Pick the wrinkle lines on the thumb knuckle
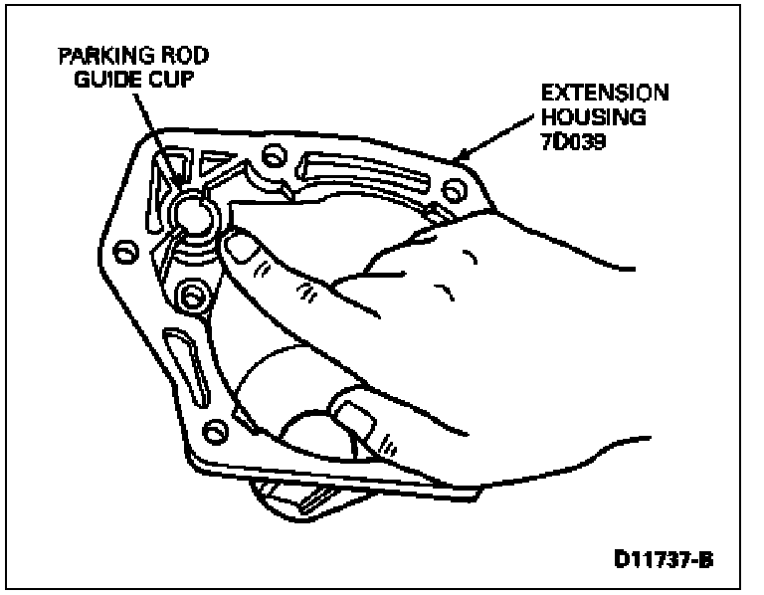305,290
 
